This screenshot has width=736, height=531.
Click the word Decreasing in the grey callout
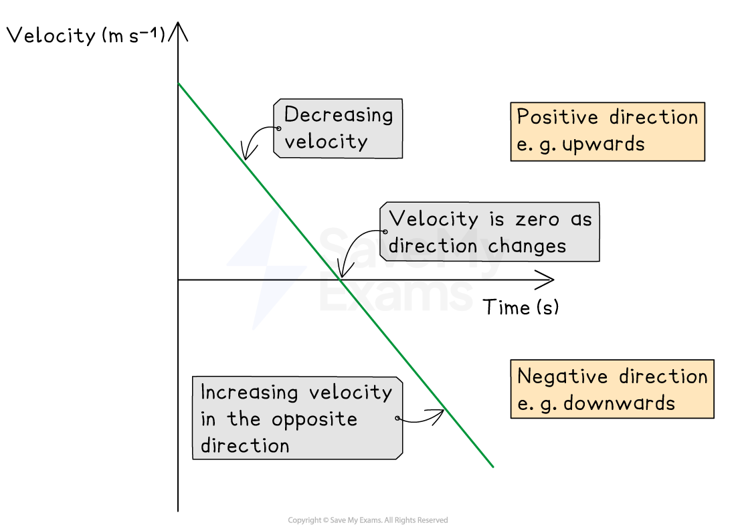pyautogui.click(x=339, y=115)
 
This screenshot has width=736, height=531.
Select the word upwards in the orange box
pyautogui.click(x=604, y=144)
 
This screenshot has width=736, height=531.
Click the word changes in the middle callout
pyautogui.click(x=527, y=245)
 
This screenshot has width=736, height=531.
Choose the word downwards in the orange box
pyautogui.click(x=619, y=403)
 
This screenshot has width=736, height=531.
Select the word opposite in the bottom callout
pyautogui.click(x=314, y=420)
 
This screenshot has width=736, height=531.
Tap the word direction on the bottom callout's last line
pyautogui.click(x=245, y=446)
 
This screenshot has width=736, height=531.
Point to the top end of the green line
pyautogui.click(x=179, y=84)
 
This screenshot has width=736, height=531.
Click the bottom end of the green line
pyautogui.click(x=493, y=467)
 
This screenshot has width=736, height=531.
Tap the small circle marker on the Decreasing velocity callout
pyautogui.click(x=278, y=128)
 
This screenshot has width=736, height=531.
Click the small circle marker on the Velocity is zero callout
pyautogui.click(x=385, y=232)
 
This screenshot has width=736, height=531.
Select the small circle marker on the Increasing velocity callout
pyautogui.click(x=398, y=419)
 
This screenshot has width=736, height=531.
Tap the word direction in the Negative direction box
pyautogui.click(x=663, y=377)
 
